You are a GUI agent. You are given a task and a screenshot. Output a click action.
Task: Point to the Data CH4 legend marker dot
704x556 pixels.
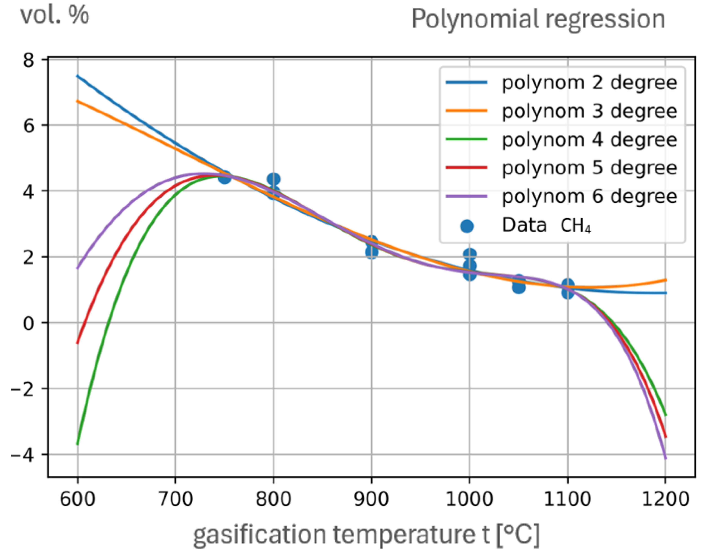click(x=467, y=226)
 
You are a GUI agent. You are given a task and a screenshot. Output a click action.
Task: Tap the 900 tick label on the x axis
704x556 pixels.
click(x=371, y=499)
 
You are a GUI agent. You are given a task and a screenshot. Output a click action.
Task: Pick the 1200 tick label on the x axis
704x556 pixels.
click(x=665, y=499)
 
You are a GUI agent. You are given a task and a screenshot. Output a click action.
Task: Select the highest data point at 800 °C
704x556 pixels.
click(x=274, y=179)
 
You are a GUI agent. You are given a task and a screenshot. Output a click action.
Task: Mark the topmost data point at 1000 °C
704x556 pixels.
click(x=469, y=254)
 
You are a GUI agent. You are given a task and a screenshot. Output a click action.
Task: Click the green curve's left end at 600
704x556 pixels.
click(x=78, y=443)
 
